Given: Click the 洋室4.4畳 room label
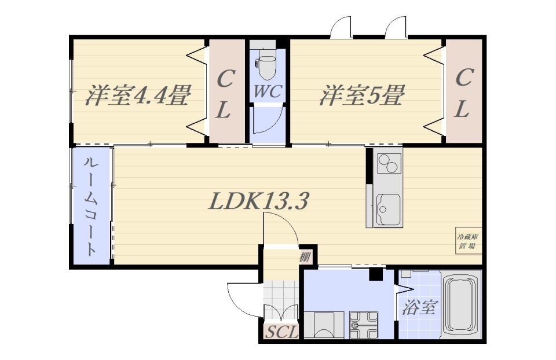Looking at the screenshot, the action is tap(138, 95).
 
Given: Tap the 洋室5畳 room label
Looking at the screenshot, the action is tap(362, 95).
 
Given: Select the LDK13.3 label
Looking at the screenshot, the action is tap(258, 201).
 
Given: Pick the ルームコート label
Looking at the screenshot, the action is tap(91, 206).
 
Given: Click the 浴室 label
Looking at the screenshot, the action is tap(419, 307).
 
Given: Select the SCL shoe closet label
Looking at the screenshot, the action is tap(281, 332).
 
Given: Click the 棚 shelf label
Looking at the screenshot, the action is tap(305, 256).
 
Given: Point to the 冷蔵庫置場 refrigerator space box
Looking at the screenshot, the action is tap(469, 241).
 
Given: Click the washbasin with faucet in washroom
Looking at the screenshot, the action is tap(364, 325).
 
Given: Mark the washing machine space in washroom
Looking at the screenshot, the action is tap(324, 325).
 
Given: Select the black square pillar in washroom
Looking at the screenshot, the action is tap(376, 274).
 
